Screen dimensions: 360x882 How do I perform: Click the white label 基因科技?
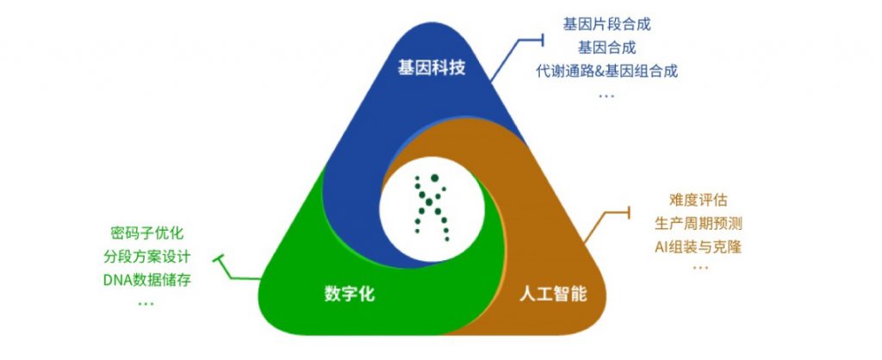[432, 67]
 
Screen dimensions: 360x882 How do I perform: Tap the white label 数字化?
[349, 294]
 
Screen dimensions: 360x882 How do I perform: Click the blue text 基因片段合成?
[606, 25]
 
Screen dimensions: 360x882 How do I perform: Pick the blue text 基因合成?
[606, 47]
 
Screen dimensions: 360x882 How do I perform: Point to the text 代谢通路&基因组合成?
[606, 71]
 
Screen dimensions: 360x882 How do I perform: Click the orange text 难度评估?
[698, 201]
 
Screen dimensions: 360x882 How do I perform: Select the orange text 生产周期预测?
[699, 224]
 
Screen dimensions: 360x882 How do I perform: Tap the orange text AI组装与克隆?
[699, 247]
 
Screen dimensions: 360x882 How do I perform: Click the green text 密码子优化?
[147, 233]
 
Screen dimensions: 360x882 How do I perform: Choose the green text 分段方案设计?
[146, 257]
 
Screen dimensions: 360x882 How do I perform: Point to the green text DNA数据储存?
[146, 280]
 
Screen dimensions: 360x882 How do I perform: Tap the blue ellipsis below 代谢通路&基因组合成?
[606, 94]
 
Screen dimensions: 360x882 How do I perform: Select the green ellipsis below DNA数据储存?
[146, 302]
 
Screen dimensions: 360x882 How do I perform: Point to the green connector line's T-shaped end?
[220, 258]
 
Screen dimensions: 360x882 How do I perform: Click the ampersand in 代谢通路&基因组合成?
[599, 71]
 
